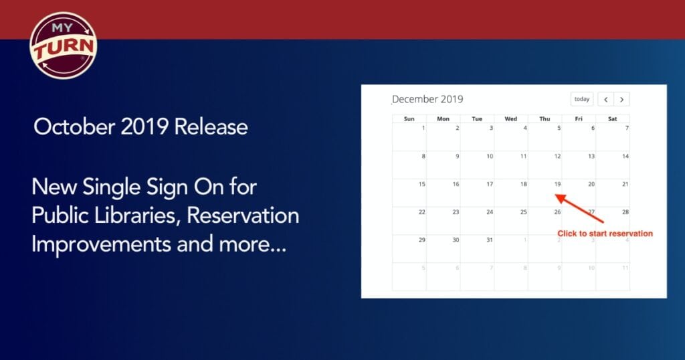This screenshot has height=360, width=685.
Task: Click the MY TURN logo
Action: [x=64, y=46]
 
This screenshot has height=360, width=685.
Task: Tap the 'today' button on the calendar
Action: [x=582, y=99]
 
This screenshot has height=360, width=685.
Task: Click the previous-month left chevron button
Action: [x=605, y=99]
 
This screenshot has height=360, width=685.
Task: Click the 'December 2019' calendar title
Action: [x=427, y=99]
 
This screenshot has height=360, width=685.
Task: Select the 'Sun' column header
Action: [x=409, y=119]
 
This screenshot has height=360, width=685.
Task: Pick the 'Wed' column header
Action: [x=511, y=119]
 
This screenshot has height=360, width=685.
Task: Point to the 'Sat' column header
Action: [x=612, y=119]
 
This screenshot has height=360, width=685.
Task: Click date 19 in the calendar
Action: [x=557, y=184]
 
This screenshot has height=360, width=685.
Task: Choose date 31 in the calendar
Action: [x=489, y=240]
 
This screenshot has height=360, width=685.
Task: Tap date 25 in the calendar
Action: [x=523, y=212]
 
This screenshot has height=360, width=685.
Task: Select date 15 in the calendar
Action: [x=421, y=184]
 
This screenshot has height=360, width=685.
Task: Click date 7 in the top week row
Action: [x=626, y=128]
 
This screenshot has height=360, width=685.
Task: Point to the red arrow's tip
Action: [x=557, y=195]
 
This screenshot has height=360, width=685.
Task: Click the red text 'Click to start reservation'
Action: [x=605, y=234]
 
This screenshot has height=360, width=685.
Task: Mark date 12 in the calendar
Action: [x=557, y=156]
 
